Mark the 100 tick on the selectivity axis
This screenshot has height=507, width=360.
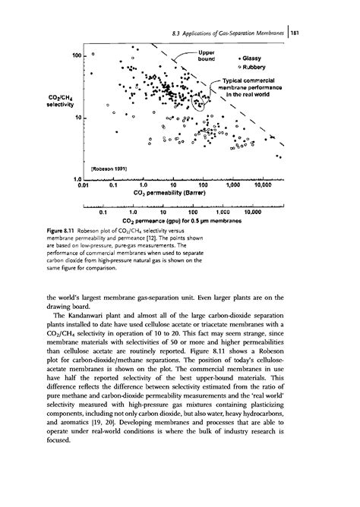click(76, 56)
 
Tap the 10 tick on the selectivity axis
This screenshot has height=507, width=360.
click(77, 119)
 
